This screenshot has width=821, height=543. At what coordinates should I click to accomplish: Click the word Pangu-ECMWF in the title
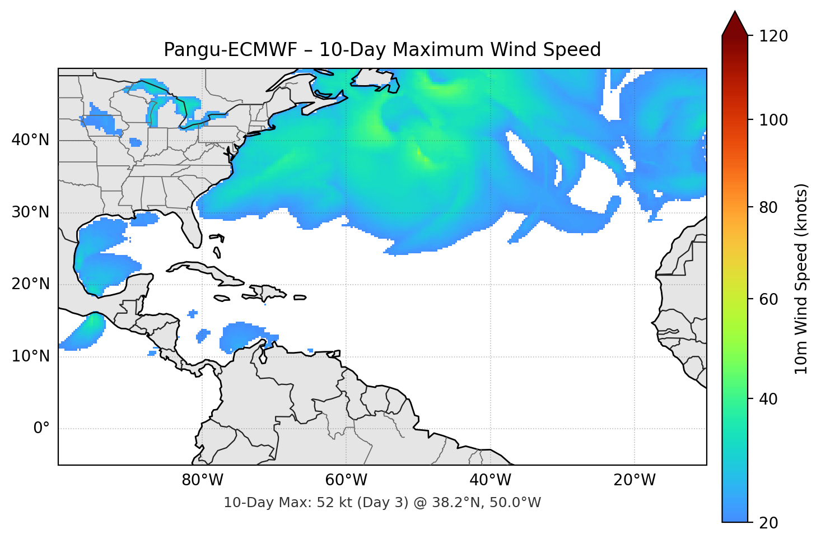tap(230, 50)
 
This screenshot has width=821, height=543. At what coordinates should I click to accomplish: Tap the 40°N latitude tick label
tap(30, 140)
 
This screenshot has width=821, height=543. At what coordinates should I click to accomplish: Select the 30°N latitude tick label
tap(30, 212)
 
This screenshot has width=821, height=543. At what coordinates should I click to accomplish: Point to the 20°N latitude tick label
tap(30, 284)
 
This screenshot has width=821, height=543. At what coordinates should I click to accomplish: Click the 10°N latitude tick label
tap(30, 356)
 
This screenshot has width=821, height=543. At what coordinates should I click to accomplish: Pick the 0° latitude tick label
tap(41, 429)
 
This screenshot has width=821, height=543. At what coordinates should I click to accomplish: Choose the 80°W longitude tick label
tap(203, 480)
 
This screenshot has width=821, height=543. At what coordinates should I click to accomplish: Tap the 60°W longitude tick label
tap(347, 480)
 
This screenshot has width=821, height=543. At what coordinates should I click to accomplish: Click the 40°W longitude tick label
tap(491, 480)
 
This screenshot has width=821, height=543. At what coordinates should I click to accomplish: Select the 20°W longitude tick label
tap(635, 480)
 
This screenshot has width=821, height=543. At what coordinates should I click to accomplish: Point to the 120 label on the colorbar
tap(773, 36)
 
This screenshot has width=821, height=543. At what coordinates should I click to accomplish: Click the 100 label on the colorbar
tap(773, 120)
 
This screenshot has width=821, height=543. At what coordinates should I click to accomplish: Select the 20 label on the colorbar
tap(768, 523)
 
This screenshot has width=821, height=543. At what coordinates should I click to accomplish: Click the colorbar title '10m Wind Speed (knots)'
tap(801, 279)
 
